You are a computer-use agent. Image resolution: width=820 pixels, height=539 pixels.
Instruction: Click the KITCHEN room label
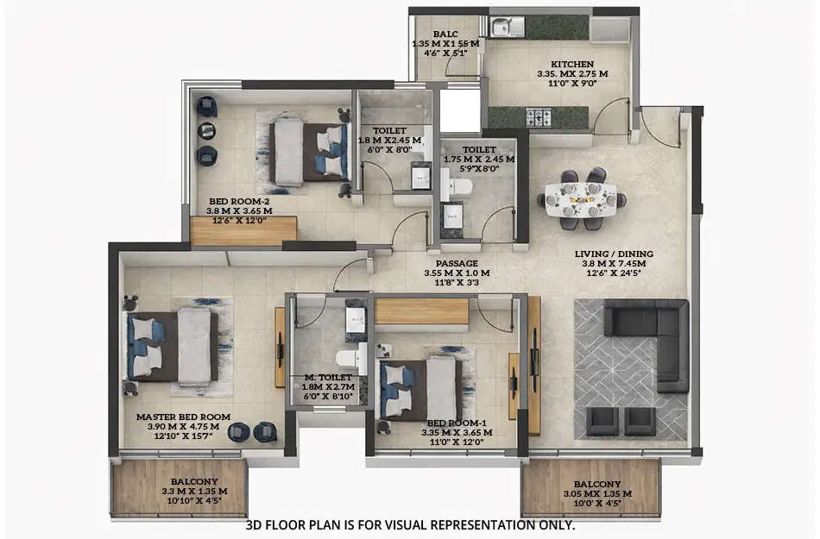pyautogui.click(x=572, y=64)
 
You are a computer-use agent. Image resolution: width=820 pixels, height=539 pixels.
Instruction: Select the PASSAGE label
pyautogui.click(x=457, y=263)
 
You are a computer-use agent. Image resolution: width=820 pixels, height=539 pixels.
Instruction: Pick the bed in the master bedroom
pyautogui.click(x=173, y=346)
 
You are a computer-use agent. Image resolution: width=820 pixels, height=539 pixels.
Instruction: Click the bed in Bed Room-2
pyautogui.click(x=309, y=152)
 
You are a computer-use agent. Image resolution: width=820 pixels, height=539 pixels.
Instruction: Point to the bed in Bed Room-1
pyautogui.click(x=420, y=390)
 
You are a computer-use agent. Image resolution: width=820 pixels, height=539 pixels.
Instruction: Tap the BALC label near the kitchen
pyautogui.click(x=445, y=34)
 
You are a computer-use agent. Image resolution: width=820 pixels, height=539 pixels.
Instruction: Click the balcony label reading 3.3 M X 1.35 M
pyautogui.click(x=194, y=492)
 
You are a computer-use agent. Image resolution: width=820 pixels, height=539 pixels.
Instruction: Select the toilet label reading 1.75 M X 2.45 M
pyautogui.click(x=478, y=159)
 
